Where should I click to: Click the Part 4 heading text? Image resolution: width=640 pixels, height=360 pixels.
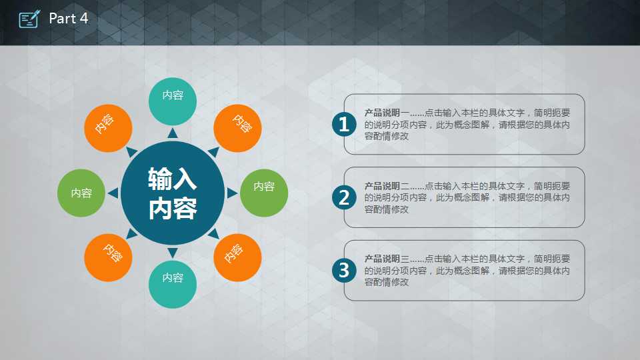[x=68, y=19]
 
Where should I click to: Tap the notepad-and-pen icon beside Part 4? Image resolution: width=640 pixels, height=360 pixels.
[x=29, y=19]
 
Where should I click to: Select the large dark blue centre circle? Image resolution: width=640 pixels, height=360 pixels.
[x=173, y=193]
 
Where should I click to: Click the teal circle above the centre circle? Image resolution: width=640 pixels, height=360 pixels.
[x=173, y=101]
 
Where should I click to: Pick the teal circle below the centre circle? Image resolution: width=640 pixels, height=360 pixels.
[x=173, y=285]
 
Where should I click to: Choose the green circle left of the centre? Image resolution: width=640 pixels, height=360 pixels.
[x=81, y=193]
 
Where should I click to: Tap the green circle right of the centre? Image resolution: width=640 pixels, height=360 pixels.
[x=264, y=193]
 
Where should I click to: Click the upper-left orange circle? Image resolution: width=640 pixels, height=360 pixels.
[x=108, y=128]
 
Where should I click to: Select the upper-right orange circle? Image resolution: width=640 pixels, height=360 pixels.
[x=237, y=128]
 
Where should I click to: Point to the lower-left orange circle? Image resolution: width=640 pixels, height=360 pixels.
[x=108, y=257]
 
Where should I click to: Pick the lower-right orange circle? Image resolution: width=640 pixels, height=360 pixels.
[x=237, y=257]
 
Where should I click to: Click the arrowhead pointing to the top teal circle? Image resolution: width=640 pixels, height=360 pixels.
[x=173, y=133]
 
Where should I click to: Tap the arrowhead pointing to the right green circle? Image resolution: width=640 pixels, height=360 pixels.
[x=232, y=193]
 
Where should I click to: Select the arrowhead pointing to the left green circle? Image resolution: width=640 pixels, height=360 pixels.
[x=113, y=193]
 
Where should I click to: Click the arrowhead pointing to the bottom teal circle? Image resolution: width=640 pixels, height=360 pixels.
[x=173, y=253]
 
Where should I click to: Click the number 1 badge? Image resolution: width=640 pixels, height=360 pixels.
[x=344, y=124]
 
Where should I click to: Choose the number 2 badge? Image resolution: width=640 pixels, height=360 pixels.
[x=344, y=197]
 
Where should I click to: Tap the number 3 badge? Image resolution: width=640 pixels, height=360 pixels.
[x=344, y=270]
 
